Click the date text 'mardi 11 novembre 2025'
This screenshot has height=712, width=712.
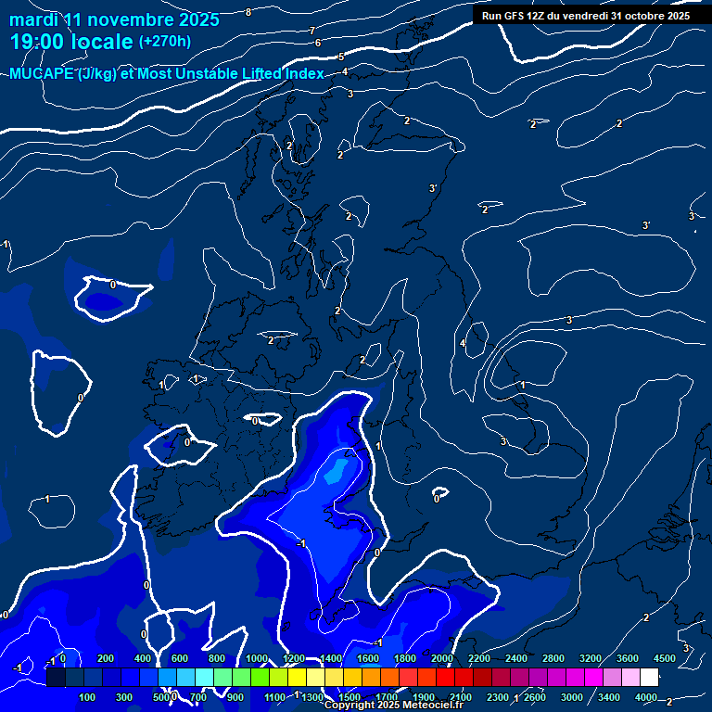[114, 19]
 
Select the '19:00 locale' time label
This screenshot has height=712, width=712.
[71, 42]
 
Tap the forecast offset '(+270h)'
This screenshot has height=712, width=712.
[165, 42]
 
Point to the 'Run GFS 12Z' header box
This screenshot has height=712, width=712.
[586, 15]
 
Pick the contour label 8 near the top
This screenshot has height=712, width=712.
[248, 12]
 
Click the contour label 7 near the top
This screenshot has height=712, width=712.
[311, 31]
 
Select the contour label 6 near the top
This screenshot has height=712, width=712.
[318, 43]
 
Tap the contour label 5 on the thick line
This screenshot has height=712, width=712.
[341, 57]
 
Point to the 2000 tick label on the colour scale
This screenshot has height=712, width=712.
[442, 658]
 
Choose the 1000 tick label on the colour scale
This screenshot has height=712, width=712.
[257, 658]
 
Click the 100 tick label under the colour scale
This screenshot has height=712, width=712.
[88, 697]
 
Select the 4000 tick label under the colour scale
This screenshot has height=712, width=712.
[646, 697]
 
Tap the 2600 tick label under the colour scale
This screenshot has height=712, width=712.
[535, 697]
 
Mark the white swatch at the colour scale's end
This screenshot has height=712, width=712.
[649, 678]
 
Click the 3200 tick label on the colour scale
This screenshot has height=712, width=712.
[591, 658]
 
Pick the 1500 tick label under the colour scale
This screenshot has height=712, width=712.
[350, 697]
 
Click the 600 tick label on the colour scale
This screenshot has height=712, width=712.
[180, 658]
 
